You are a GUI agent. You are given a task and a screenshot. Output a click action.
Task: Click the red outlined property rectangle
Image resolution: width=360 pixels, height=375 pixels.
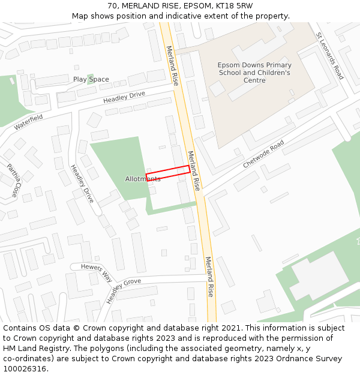pyautogui.click(x=168, y=173)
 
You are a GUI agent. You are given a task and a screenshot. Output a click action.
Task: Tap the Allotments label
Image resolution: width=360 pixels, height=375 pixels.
pyautogui.click(x=143, y=179)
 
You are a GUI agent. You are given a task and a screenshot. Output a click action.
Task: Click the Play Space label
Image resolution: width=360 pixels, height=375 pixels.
pyautogui.click(x=91, y=79)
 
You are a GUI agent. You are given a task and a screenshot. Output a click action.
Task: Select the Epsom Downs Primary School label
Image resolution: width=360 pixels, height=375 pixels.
pyautogui.click(x=254, y=73)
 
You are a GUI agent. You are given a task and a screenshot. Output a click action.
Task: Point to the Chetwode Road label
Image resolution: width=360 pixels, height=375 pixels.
pyautogui.click(x=263, y=155)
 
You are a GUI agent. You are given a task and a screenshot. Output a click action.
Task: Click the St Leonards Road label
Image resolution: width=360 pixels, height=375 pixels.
pyautogui.click(x=330, y=56)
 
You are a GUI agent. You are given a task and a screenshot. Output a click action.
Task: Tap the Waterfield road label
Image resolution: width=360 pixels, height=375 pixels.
pyautogui.click(x=29, y=122)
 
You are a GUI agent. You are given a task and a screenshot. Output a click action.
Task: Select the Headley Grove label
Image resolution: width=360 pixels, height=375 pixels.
pyautogui.click(x=124, y=290)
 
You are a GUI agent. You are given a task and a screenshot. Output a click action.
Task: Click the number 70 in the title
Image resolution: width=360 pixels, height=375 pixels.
pyautogui.click(x=113, y=5)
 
